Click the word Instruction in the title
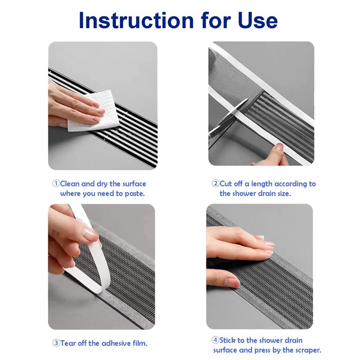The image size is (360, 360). click(x=136, y=20)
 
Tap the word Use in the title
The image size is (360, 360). click(x=257, y=20)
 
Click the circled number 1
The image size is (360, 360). click(x=56, y=184)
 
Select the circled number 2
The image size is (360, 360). click(x=216, y=184)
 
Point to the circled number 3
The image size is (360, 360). click(x=56, y=343)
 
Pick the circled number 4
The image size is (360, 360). click(x=215, y=340)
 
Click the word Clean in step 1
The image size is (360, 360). click(x=70, y=184)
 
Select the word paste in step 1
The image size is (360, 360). click(x=135, y=194)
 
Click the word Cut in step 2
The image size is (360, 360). click(x=225, y=184)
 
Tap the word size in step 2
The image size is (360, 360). click(x=284, y=193)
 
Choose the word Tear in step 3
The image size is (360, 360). click(x=68, y=343)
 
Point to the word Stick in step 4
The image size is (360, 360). click(x=229, y=340)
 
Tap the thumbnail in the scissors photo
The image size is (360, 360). click(x=279, y=146)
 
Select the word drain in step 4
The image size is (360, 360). click(x=293, y=340)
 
